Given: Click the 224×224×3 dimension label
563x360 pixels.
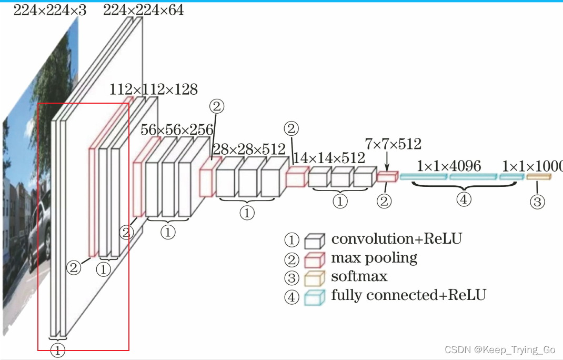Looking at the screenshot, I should pyautogui.click(x=49, y=9).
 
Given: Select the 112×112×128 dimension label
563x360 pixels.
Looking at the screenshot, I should pyautogui.click(x=154, y=89).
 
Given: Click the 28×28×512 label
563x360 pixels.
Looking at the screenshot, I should pyautogui.click(x=250, y=149).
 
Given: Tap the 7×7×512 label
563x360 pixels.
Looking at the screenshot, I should pyautogui.click(x=393, y=144).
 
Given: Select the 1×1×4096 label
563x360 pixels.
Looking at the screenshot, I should pyautogui.click(x=449, y=166).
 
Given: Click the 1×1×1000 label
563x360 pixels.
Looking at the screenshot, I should pyautogui.click(x=532, y=166).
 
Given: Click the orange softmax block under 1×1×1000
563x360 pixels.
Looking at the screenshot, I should pyautogui.click(x=539, y=177).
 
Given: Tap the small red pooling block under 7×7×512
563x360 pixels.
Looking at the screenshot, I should pyautogui.click(x=386, y=177).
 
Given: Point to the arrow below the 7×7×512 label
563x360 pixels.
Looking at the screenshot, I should pyautogui.click(x=387, y=160).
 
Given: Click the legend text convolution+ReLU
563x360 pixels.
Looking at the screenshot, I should pyautogui.click(x=396, y=238).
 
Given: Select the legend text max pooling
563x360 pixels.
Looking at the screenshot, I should pyautogui.click(x=374, y=258).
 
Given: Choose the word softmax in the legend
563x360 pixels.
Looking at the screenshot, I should pyautogui.click(x=359, y=276).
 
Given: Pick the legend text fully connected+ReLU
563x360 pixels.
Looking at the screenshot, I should pyautogui.click(x=408, y=295).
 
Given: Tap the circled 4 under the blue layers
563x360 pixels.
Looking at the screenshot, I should pyautogui.click(x=464, y=199).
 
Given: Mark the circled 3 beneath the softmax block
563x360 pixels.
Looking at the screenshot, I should pyautogui.click(x=537, y=201).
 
